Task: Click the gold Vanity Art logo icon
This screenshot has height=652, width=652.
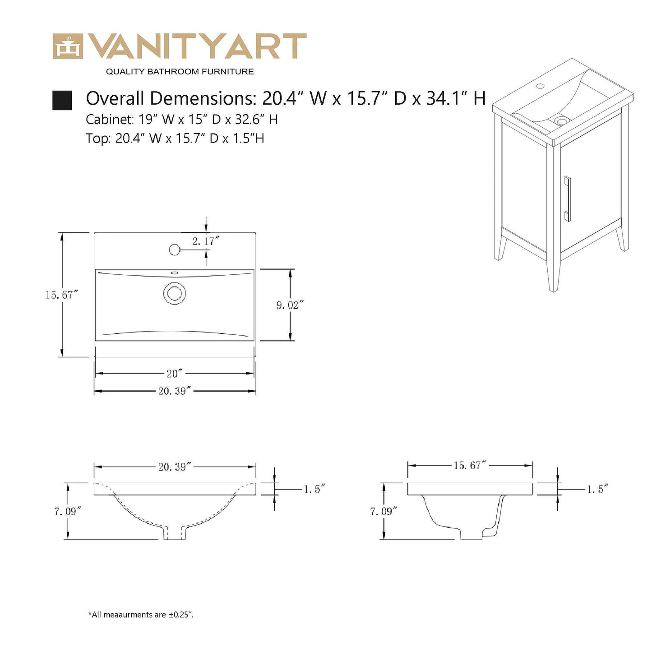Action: tap(68, 46)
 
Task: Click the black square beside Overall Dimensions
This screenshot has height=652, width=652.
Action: tap(62, 100)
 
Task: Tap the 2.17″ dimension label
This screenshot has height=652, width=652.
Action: tap(205, 241)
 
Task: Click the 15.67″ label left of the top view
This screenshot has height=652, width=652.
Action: tap(62, 295)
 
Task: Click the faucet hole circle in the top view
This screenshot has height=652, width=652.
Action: tap(174, 249)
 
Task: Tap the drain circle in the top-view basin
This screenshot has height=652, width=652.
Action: tap(174, 293)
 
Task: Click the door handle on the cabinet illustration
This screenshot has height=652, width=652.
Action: tap(568, 199)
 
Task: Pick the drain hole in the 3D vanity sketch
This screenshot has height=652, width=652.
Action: tap(561, 121)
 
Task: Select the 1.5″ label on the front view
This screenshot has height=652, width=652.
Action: tap(314, 489)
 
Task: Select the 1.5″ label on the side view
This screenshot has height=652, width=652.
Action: tap(597, 489)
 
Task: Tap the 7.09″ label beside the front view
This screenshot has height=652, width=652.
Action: tap(68, 511)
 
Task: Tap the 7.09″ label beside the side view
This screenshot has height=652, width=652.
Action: tap(384, 511)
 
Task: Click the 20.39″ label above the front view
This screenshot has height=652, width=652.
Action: tap(175, 467)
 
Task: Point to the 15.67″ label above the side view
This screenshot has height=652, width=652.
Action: tap(470, 465)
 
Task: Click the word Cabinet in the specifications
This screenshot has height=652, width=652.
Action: tap(105, 120)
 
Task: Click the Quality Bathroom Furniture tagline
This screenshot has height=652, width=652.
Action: tap(180, 72)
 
